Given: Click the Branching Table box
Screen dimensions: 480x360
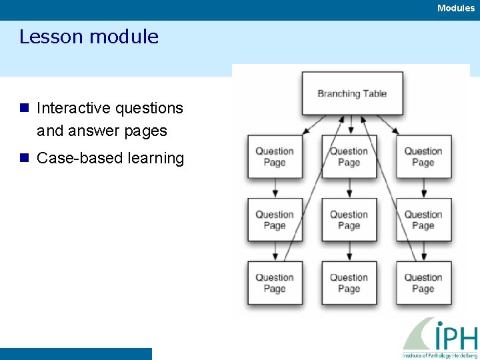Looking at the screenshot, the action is (352, 93).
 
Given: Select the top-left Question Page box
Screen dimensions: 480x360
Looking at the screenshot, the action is (275, 157).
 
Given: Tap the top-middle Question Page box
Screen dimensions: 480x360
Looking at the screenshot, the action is (349, 157).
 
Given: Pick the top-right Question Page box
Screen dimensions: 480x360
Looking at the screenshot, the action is (423, 157).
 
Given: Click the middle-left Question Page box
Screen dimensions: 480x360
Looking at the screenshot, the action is (275, 220).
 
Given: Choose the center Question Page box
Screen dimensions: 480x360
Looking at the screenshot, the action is (349, 220).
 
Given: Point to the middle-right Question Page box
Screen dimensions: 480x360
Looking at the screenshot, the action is (423, 220).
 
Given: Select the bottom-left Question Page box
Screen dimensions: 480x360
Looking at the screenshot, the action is (275, 283).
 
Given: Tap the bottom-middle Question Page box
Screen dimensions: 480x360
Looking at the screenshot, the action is (349, 283).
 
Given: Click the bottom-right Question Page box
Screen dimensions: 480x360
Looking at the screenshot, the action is (423, 283).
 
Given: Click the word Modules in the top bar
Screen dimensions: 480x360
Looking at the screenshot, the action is (456, 8).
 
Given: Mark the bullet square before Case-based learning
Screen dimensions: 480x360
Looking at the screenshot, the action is (25, 158).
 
